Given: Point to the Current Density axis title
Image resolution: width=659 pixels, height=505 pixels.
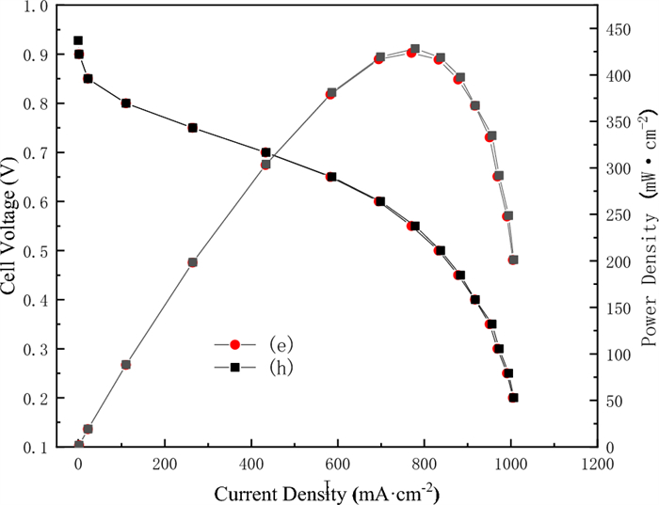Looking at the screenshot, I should pos(326,493).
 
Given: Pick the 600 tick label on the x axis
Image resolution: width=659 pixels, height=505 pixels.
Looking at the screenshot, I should pos(338,466).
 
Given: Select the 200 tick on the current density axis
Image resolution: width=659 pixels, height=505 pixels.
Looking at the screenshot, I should pos(165,466).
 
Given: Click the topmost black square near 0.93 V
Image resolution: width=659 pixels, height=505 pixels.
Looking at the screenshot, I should pos(78,40).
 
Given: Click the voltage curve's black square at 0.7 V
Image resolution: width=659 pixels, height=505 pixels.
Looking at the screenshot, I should pos(265,152).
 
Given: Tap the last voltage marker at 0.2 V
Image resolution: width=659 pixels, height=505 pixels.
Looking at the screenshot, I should pos(514,398).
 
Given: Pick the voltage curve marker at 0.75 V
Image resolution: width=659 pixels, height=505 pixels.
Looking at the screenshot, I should pos(192,128).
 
